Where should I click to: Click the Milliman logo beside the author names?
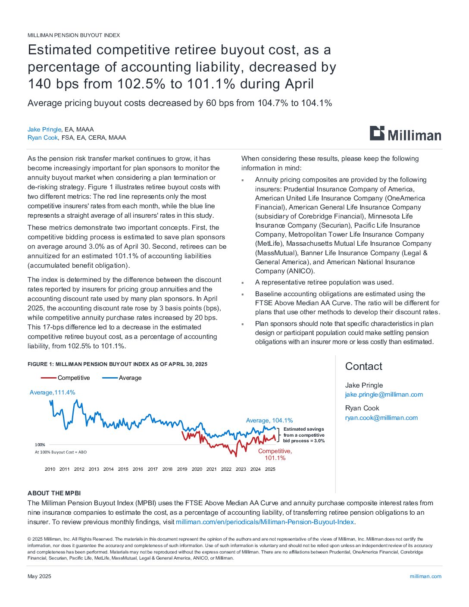[x=405, y=134]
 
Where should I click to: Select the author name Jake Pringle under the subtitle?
[x=44, y=129]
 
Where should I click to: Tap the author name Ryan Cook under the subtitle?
[x=43, y=138]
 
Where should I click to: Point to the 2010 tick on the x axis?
[x=50, y=469]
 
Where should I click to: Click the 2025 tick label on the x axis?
[x=270, y=469]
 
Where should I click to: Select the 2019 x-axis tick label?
[x=182, y=469]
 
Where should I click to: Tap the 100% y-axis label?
[x=40, y=444]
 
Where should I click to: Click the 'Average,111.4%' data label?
[x=52, y=392]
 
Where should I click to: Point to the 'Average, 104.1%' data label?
[x=269, y=420]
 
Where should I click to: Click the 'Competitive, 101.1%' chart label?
[x=275, y=454]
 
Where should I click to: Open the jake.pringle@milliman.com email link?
[x=384, y=394]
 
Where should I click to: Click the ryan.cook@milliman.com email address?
[x=381, y=418]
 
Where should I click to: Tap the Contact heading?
[x=363, y=366]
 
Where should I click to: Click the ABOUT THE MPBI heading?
[x=54, y=493]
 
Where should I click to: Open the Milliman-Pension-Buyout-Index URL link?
[x=265, y=522]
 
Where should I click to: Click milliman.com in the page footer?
[x=425, y=576]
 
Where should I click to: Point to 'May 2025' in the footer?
[x=39, y=576]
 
